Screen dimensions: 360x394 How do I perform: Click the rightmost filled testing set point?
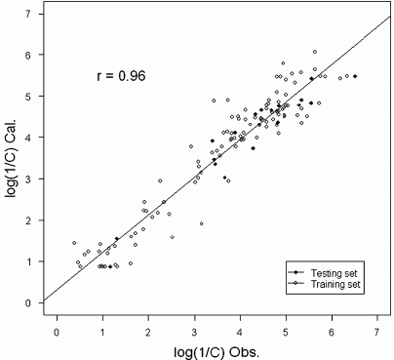[355, 76]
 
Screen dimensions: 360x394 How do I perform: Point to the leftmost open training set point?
[73, 243]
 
